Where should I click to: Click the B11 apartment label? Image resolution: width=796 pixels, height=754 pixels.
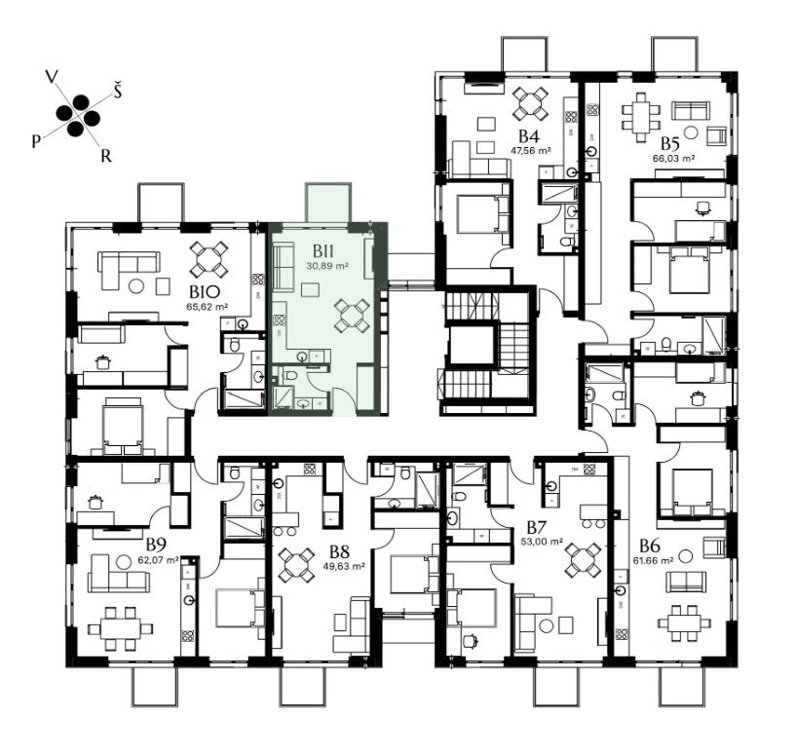[x=322, y=251]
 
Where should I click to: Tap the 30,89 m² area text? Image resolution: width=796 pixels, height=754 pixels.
[x=327, y=266]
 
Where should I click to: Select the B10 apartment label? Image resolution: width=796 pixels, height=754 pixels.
[x=205, y=292]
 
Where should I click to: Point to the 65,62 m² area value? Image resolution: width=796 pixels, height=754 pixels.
[x=207, y=307]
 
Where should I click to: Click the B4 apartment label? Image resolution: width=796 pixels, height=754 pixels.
[x=528, y=136]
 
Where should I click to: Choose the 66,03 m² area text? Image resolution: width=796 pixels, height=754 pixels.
[x=673, y=158]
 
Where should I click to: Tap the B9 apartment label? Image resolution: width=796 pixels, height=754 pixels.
[x=156, y=546]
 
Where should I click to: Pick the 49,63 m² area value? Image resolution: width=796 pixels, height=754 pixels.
[x=344, y=566]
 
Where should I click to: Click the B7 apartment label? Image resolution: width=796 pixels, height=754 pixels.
[x=536, y=527]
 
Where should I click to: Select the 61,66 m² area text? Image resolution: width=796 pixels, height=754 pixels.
[x=653, y=560]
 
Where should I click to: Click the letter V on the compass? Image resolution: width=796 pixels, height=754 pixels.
[x=51, y=77]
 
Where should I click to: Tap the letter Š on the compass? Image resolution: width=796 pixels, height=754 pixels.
[x=117, y=92]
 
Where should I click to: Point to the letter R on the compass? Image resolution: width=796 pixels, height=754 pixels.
[x=105, y=157]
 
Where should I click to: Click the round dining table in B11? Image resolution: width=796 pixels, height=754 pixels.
[x=352, y=316]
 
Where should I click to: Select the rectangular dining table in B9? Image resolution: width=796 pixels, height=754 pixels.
[x=120, y=628]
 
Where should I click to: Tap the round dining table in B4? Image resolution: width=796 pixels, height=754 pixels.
[x=530, y=103]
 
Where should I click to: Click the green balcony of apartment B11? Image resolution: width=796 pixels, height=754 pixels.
[x=328, y=203]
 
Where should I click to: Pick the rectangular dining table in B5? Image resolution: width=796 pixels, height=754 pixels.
[x=641, y=117]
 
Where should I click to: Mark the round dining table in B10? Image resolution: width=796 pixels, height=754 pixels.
[x=208, y=259]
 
